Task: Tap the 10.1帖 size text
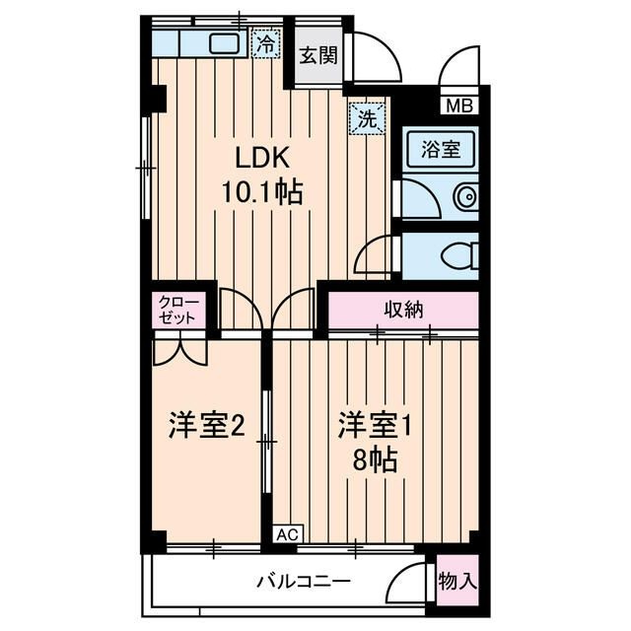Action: [x=261, y=192]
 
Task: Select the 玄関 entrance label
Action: [x=318, y=55]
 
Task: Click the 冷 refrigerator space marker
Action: [x=264, y=42]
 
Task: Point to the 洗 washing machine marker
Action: [x=367, y=120]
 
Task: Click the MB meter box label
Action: [x=459, y=105]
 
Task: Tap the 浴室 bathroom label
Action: [x=442, y=151]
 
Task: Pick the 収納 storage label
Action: [x=403, y=310]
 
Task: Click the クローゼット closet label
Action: [x=178, y=311]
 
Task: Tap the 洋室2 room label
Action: [x=205, y=426]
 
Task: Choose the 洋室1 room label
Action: [x=374, y=426]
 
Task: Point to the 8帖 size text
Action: [x=377, y=460]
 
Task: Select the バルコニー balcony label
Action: [x=304, y=581]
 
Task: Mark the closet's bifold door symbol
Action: [x=180, y=351]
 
